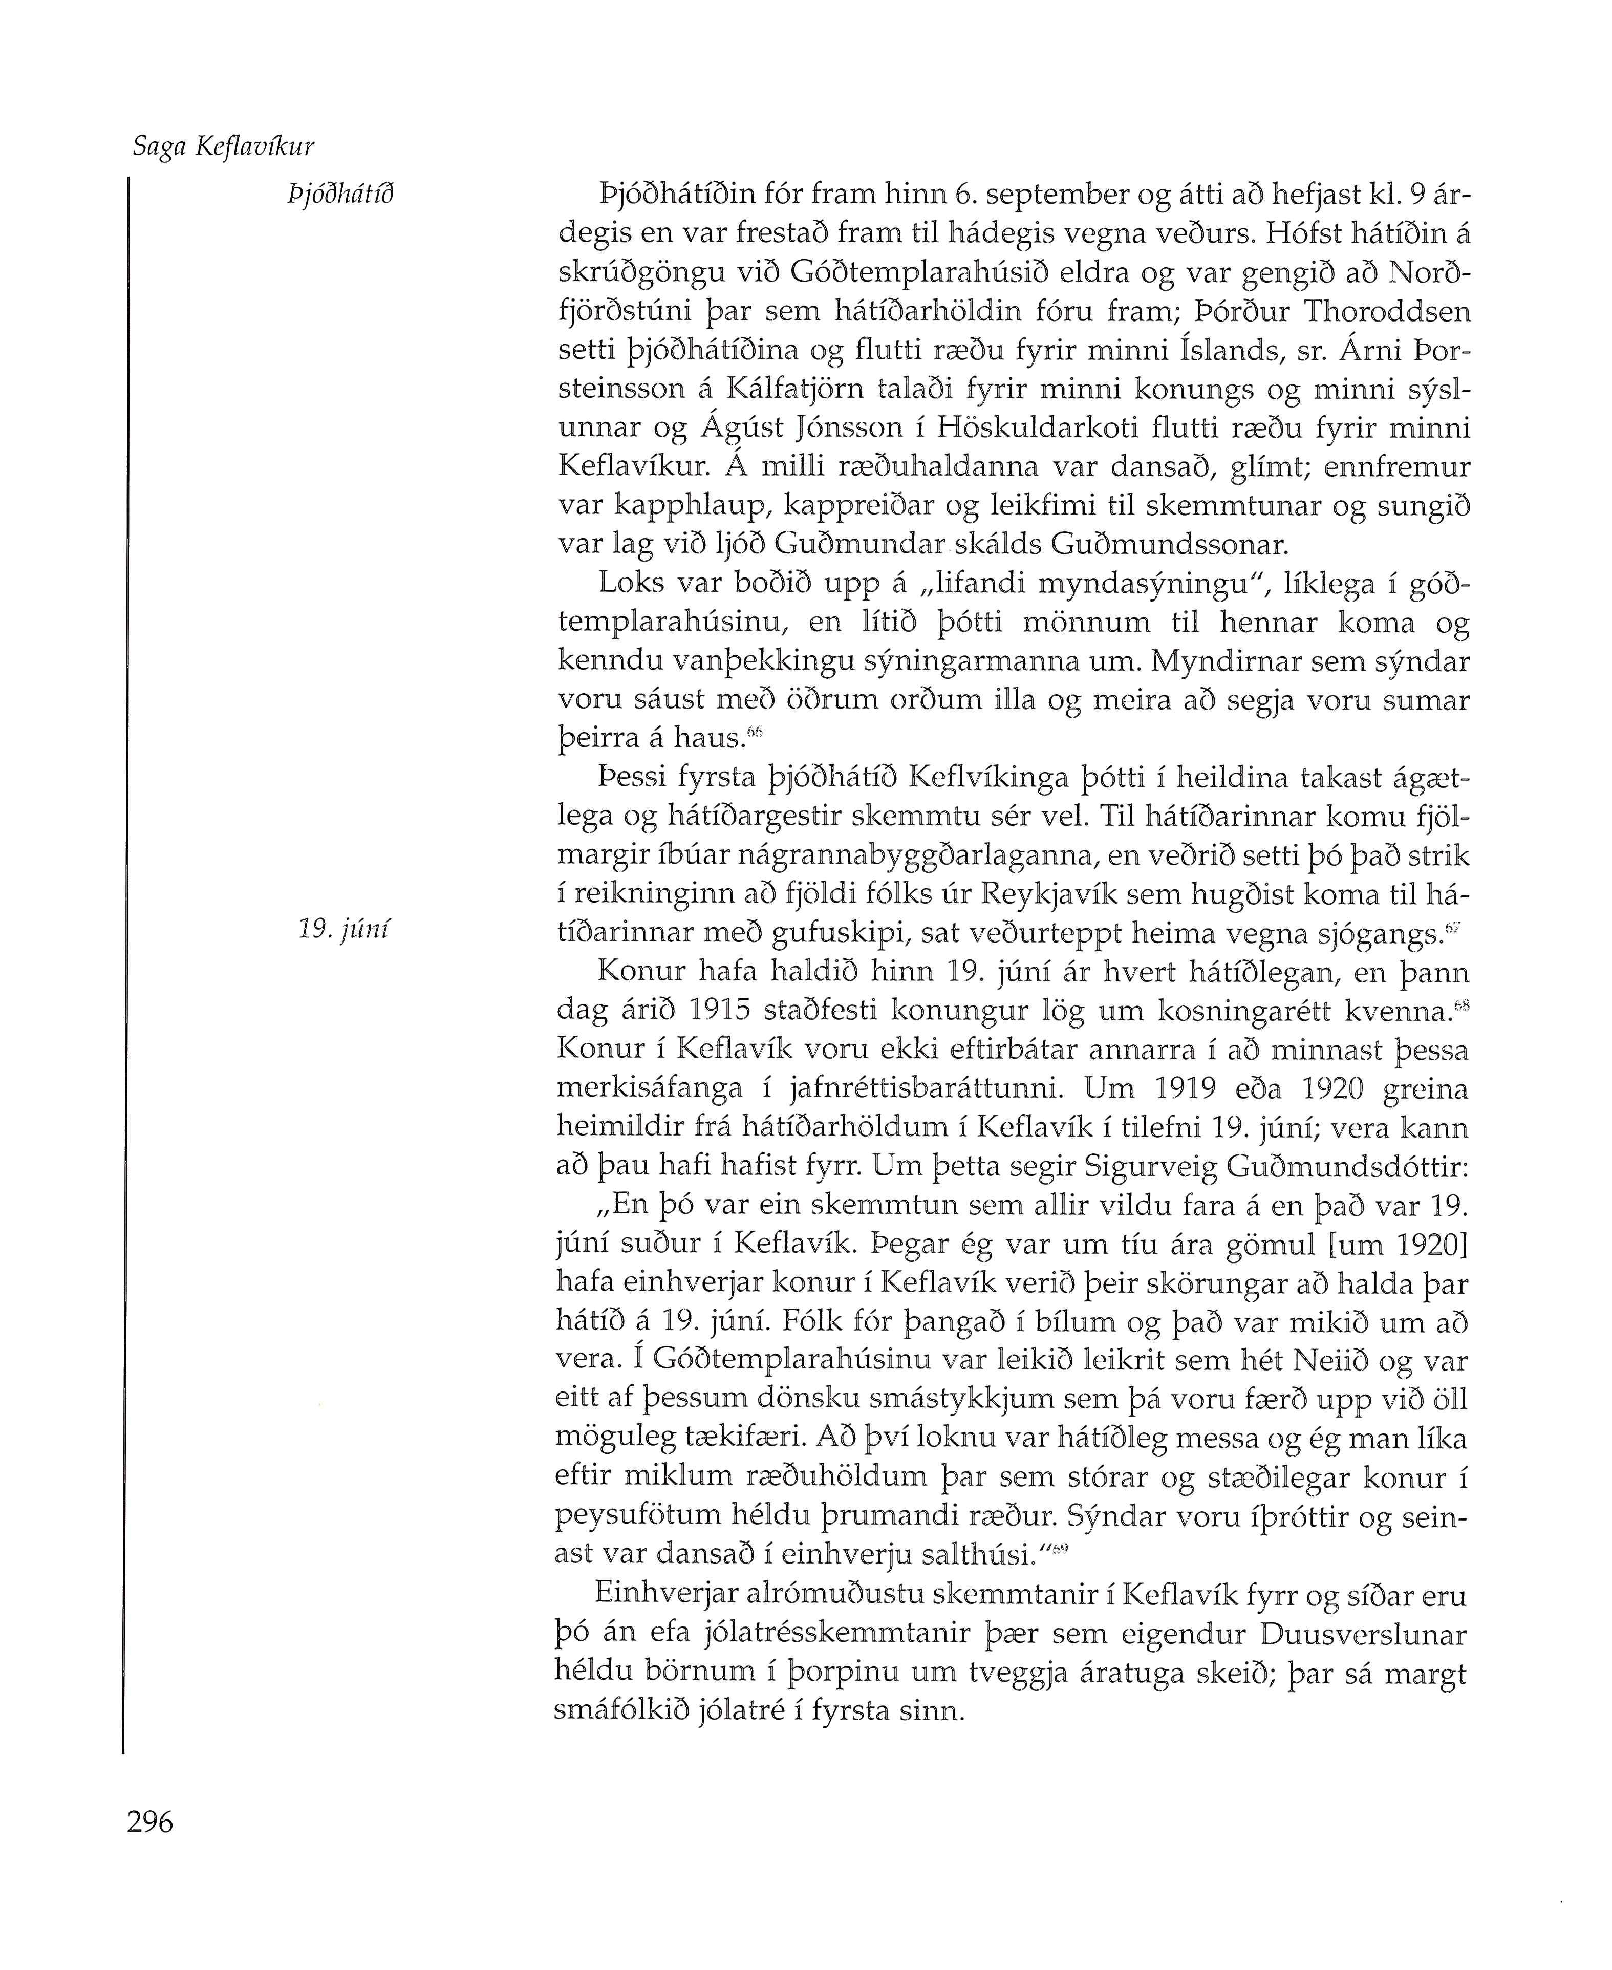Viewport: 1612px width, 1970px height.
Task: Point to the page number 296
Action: tap(151, 1823)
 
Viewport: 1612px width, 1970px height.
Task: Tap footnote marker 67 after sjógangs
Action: tap(1454, 928)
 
